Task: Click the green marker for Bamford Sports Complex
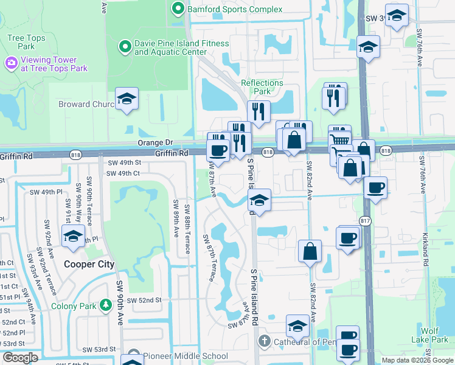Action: pyautogui.click(x=178, y=9)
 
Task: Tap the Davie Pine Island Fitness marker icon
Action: pyautogui.click(x=125, y=46)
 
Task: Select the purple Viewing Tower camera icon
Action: pyautogui.click(x=10, y=63)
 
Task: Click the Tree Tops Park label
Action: pyautogui.click(x=26, y=42)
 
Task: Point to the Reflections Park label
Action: pyautogui.click(x=262, y=87)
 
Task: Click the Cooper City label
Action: pyautogui.click(x=89, y=265)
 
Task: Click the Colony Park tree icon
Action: pyautogui.click(x=106, y=304)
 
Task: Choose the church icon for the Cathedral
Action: pyautogui.click(x=264, y=341)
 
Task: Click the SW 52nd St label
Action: pyautogui.click(x=149, y=301)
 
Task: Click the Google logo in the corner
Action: pyautogui.click(x=20, y=358)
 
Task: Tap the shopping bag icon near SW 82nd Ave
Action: pyautogui.click(x=310, y=251)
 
